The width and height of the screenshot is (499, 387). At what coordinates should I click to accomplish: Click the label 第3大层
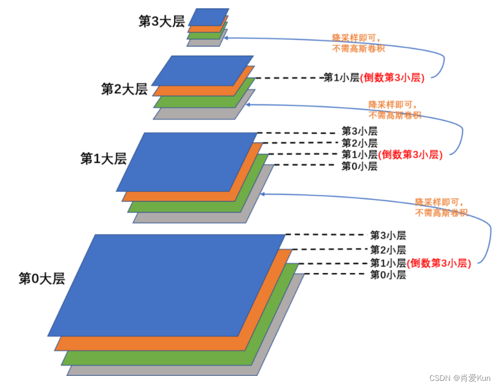coord(161,22)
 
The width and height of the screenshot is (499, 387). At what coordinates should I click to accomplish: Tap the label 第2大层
coord(123,89)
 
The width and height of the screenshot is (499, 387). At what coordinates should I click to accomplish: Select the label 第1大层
coord(103,158)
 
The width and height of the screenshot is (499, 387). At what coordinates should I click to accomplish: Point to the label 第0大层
coord(42,278)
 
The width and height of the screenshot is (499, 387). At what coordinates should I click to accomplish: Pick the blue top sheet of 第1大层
coord(186,161)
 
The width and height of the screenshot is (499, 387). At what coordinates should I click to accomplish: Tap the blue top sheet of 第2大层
coord(202,70)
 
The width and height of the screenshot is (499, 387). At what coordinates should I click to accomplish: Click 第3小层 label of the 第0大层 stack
coord(388,236)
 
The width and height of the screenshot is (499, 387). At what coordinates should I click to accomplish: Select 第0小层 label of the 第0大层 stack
coord(388,275)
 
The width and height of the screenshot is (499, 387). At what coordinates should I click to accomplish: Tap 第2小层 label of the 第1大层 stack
coord(359,143)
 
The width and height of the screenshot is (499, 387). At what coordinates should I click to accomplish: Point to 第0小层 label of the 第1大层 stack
coord(359,166)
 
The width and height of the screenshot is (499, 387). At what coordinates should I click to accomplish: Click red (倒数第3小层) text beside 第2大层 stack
coord(392,78)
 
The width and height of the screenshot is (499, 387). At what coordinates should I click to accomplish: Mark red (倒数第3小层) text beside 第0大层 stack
coord(439,263)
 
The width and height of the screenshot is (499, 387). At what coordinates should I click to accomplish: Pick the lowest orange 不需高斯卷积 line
coord(441,213)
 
